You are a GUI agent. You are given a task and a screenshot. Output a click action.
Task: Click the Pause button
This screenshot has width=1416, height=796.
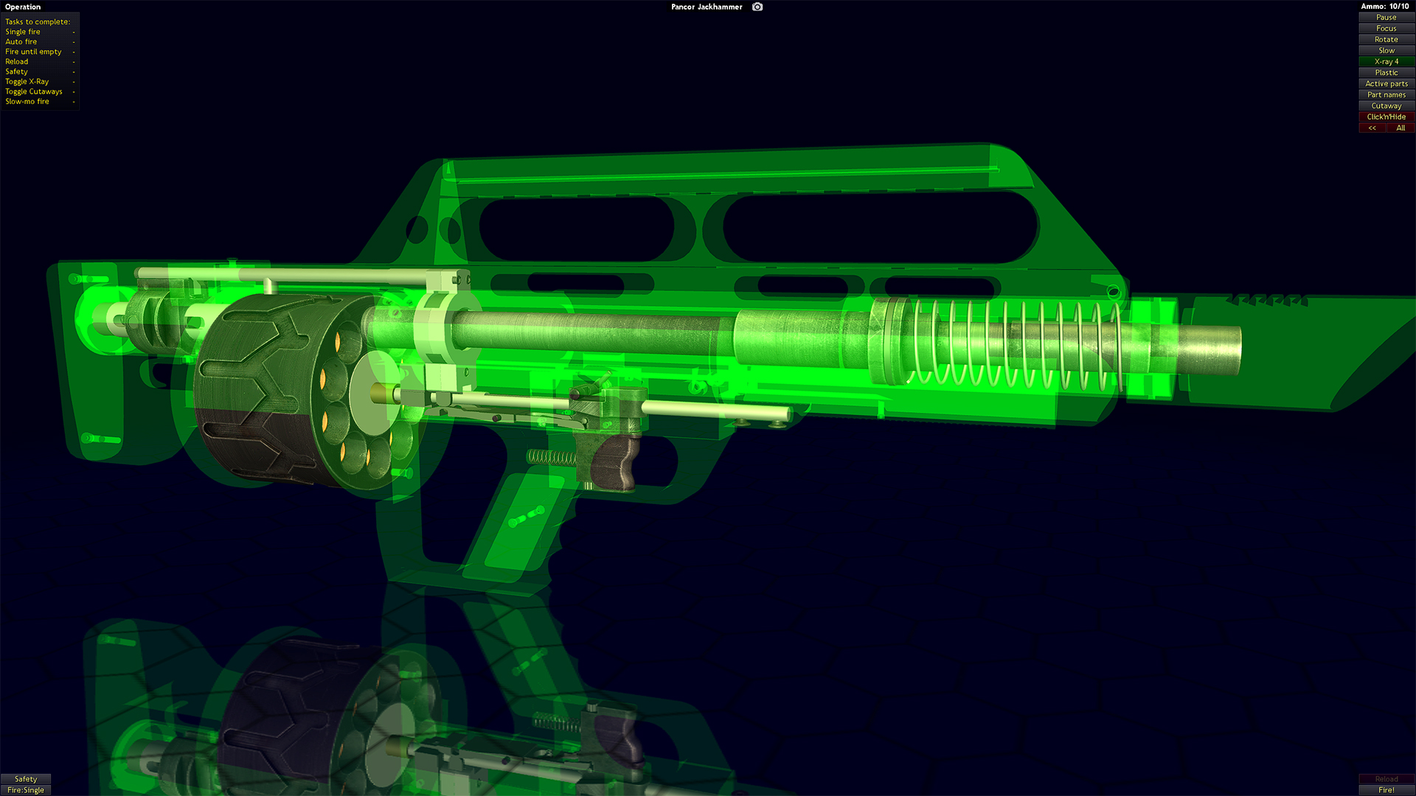pyautogui.click(x=1386, y=17)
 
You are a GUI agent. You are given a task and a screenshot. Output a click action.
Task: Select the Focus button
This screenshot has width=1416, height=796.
pyautogui.click(x=1386, y=28)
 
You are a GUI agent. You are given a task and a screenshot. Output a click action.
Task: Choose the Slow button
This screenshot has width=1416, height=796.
pyautogui.click(x=1386, y=50)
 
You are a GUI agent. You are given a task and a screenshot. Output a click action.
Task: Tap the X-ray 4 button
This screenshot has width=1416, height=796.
pyautogui.click(x=1386, y=61)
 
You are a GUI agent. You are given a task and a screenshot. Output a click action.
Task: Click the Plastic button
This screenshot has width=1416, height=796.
pyautogui.click(x=1386, y=72)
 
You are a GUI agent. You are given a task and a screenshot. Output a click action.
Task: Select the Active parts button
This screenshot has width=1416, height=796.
pyautogui.click(x=1386, y=83)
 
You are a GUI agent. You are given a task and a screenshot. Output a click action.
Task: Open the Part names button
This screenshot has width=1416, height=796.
pyautogui.click(x=1386, y=94)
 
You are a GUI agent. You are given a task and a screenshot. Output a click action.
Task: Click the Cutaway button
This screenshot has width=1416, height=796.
pyautogui.click(x=1386, y=105)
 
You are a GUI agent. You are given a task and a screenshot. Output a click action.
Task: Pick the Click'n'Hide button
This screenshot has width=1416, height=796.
pyautogui.click(x=1386, y=116)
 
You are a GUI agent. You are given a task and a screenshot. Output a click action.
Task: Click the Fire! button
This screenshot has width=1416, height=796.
pyautogui.click(x=1386, y=790)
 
